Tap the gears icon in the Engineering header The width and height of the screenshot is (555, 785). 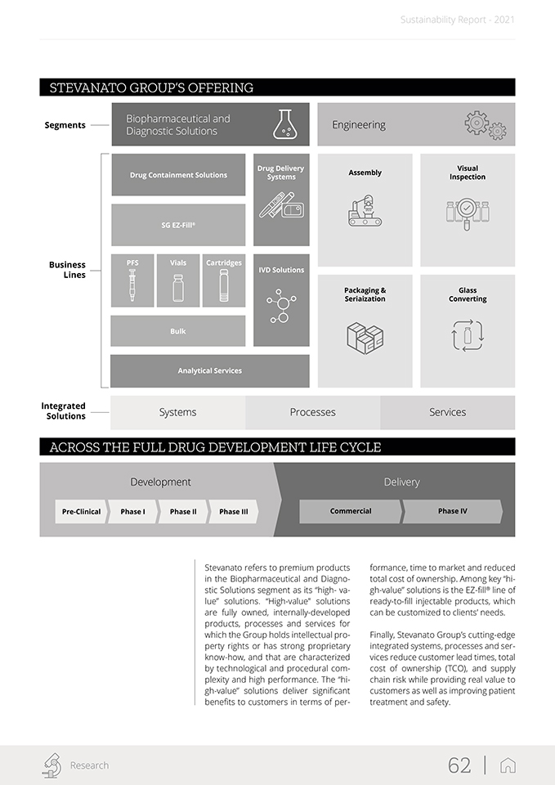486,125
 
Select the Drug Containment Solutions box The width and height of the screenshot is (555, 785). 178,175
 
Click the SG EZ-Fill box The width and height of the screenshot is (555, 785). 178,225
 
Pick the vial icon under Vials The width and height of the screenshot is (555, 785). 178,288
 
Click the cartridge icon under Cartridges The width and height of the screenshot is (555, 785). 224,287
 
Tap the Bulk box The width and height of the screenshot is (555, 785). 178,331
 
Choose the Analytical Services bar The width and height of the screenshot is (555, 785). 210,370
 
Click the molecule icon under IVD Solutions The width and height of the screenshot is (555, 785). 281,306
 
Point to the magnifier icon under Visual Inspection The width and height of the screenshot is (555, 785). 468,212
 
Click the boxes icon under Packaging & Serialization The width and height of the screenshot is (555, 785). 365,336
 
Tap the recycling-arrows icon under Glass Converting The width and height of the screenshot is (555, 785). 468,335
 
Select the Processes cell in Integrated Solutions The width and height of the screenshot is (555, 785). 313,412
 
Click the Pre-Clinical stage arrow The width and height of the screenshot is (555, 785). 81,512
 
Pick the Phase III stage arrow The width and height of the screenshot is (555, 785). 234,512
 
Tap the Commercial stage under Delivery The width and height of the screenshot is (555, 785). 351,511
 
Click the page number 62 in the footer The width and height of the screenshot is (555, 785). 459,765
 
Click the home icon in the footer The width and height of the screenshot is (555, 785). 508,765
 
